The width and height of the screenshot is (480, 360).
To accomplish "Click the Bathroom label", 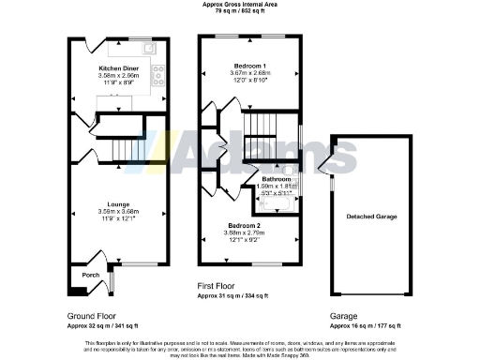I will point(275,178).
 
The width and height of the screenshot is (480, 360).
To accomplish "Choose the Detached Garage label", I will point(373,217).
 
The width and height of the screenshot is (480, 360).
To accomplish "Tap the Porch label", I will point(90,275).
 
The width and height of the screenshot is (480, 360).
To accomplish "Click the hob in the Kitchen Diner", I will point(158,70).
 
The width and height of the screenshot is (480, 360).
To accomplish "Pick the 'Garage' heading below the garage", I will point(344,317).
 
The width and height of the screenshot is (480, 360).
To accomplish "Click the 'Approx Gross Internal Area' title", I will point(240,5).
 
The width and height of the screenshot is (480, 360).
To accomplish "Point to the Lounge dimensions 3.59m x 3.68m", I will point(117,212).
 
